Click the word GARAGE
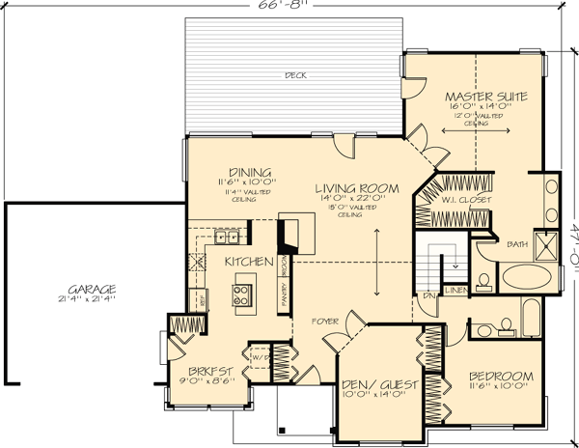pyautogui.click(x=93, y=289)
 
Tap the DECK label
pyautogui.click(x=294, y=74)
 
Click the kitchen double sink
pyautogui.click(x=228, y=236)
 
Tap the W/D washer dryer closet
pyautogui.click(x=258, y=358)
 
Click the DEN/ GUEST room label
pyautogui.click(x=379, y=384)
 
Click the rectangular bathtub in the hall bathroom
pyautogui.click(x=533, y=316)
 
